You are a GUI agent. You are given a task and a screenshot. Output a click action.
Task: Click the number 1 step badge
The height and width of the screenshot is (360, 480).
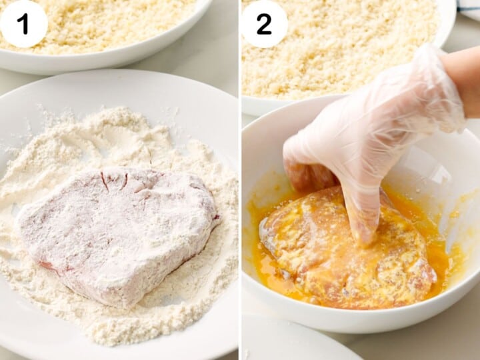point(24,24)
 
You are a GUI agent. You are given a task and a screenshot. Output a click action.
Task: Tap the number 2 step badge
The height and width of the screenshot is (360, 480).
point(264,24)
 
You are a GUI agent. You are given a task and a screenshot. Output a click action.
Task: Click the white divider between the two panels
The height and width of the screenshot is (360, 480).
point(239,180)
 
